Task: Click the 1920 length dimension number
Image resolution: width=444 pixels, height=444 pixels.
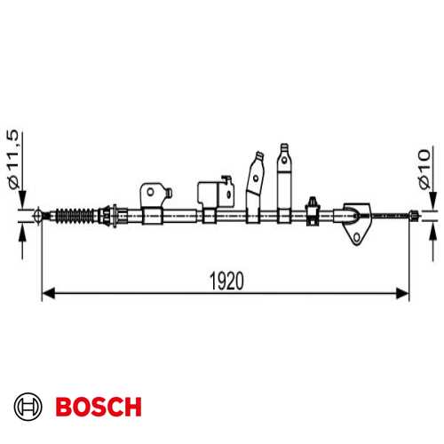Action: (x=226, y=281)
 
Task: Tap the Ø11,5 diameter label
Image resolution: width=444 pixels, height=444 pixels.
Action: (x=13, y=159)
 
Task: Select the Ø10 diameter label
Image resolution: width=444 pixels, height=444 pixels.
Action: (x=424, y=169)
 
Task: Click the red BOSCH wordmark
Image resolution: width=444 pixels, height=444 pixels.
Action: (x=99, y=407)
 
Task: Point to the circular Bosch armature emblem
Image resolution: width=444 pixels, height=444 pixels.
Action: (x=28, y=407)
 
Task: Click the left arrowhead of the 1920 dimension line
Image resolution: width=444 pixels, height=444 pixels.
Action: (x=49, y=293)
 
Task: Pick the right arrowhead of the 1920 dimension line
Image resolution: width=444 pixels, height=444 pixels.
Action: (x=402, y=293)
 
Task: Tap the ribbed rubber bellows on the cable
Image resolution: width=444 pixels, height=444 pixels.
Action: (x=75, y=216)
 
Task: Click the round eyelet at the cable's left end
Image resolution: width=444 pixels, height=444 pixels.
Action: (x=38, y=216)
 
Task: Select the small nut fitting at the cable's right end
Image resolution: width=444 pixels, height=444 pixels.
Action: (x=414, y=216)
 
